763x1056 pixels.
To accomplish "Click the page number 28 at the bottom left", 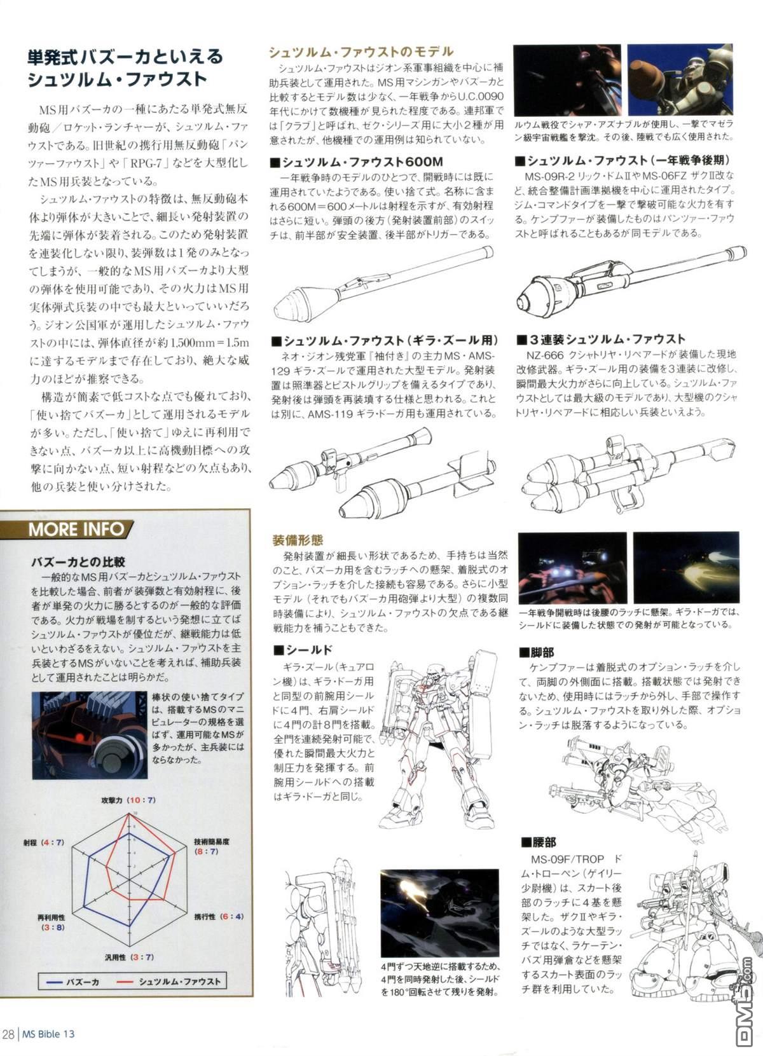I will tap(8, 1034).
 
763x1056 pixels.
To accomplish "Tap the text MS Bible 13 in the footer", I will tap(48, 1034).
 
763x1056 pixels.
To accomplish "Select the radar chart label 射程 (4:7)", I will tap(44, 842).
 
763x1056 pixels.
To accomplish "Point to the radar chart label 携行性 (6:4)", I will tap(218, 917).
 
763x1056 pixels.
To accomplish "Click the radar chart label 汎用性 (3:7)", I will tap(129, 957).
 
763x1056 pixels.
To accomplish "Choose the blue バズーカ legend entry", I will tap(73, 982).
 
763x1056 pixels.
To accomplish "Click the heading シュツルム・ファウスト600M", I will tap(356, 161).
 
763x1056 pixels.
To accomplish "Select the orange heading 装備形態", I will tap(298, 540).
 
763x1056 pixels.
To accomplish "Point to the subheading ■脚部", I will tap(537, 652).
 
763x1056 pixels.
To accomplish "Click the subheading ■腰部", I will tap(539, 842).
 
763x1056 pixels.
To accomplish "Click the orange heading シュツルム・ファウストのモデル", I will tap(361, 51).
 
